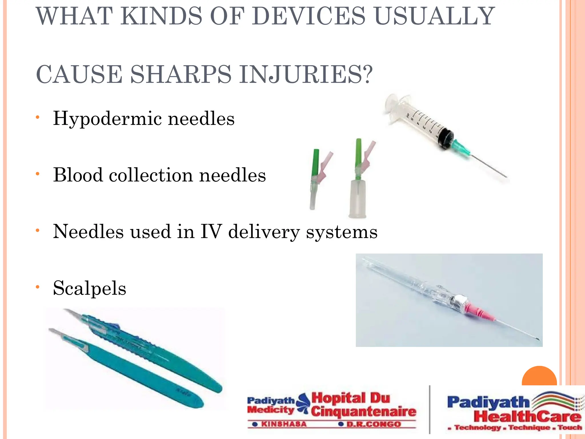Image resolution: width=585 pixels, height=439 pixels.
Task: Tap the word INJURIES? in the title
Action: [x=306, y=75]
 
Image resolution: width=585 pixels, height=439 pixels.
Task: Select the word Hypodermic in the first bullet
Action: [x=107, y=119]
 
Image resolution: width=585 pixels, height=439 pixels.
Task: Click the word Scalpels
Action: [x=89, y=288]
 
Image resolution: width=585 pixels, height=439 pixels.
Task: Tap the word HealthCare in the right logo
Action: [x=527, y=416]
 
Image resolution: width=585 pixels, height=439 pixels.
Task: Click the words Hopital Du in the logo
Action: [x=351, y=398]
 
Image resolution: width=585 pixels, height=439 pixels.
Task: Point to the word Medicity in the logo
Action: [x=270, y=410]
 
